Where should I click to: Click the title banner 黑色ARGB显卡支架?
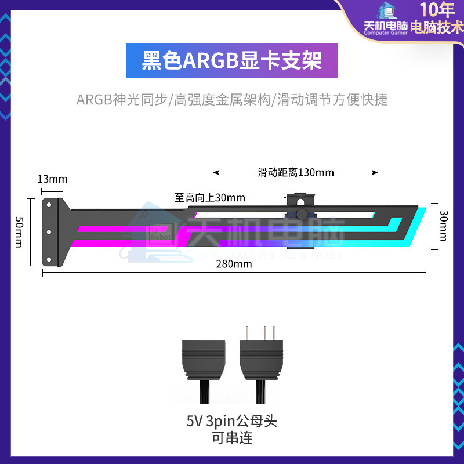[232, 60]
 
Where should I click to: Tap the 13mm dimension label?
[52, 179]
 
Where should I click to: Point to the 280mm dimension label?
[234, 264]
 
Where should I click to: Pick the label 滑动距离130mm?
[296, 172]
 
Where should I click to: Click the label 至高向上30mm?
[210, 197]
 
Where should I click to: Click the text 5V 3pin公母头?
[232, 420]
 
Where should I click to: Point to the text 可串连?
[232, 438]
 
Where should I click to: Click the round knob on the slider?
[301, 215]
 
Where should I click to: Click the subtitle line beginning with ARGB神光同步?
[232, 100]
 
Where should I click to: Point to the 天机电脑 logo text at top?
[385, 27]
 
